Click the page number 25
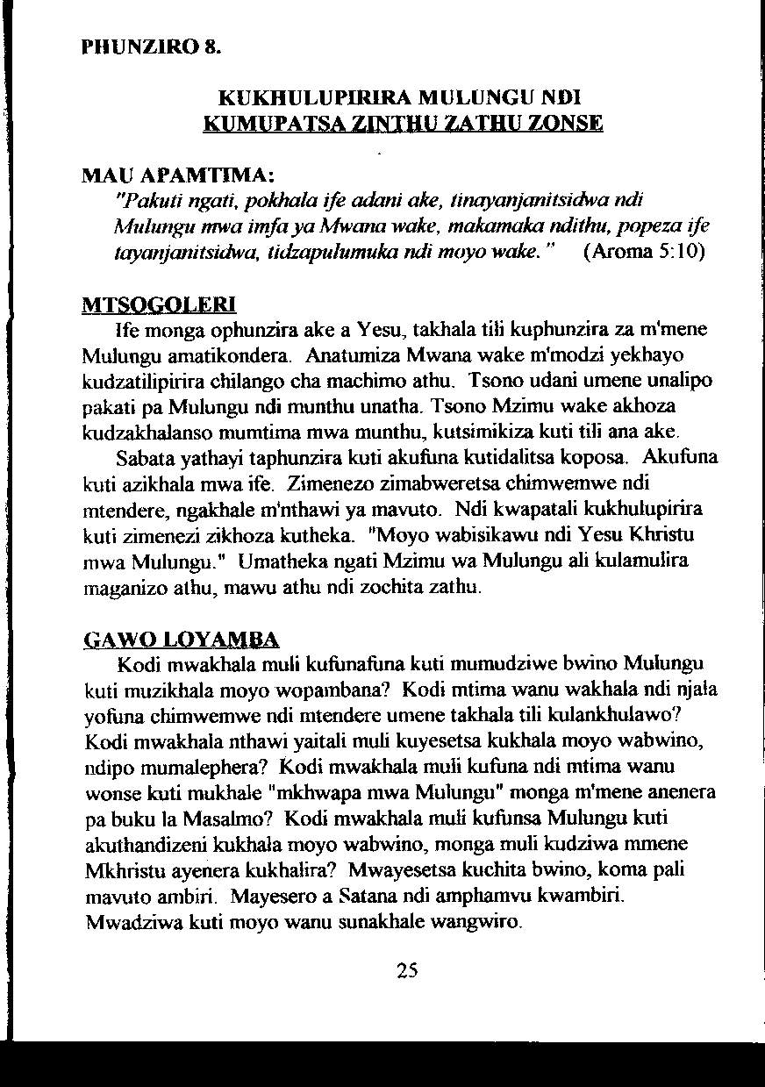[x=407, y=969]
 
